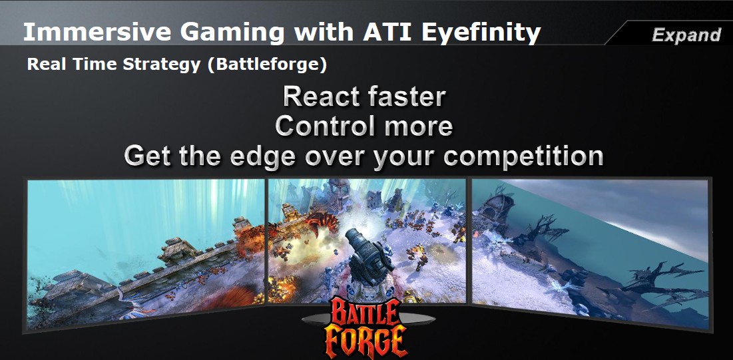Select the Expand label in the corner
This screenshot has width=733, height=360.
[686, 35]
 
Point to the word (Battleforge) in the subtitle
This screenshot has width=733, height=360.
[267, 65]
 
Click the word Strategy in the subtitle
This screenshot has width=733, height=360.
[161, 65]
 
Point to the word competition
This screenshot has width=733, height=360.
[523, 156]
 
